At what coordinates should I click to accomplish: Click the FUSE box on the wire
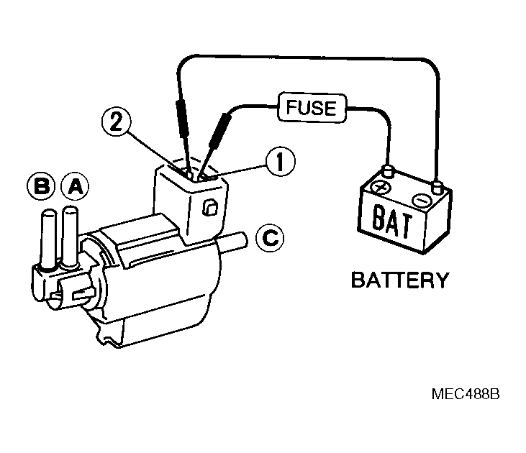[311, 109]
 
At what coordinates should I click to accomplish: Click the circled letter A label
[75, 187]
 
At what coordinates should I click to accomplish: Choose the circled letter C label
[269, 237]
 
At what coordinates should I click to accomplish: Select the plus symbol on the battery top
[381, 189]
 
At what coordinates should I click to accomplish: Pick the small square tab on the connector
[209, 209]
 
